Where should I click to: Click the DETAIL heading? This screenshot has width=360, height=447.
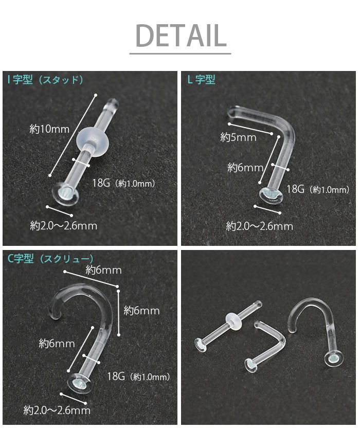[x=181, y=35]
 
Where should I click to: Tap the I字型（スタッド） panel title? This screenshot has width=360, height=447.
[x=46, y=80]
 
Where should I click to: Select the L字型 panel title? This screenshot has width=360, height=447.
[x=201, y=80]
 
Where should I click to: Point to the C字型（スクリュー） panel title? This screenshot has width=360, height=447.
[x=50, y=259]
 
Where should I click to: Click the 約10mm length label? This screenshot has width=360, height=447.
[x=49, y=129]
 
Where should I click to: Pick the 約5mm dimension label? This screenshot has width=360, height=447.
[x=238, y=137]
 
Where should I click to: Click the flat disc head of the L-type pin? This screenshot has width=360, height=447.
[x=272, y=195]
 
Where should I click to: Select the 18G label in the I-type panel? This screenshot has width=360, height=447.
[x=101, y=183]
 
